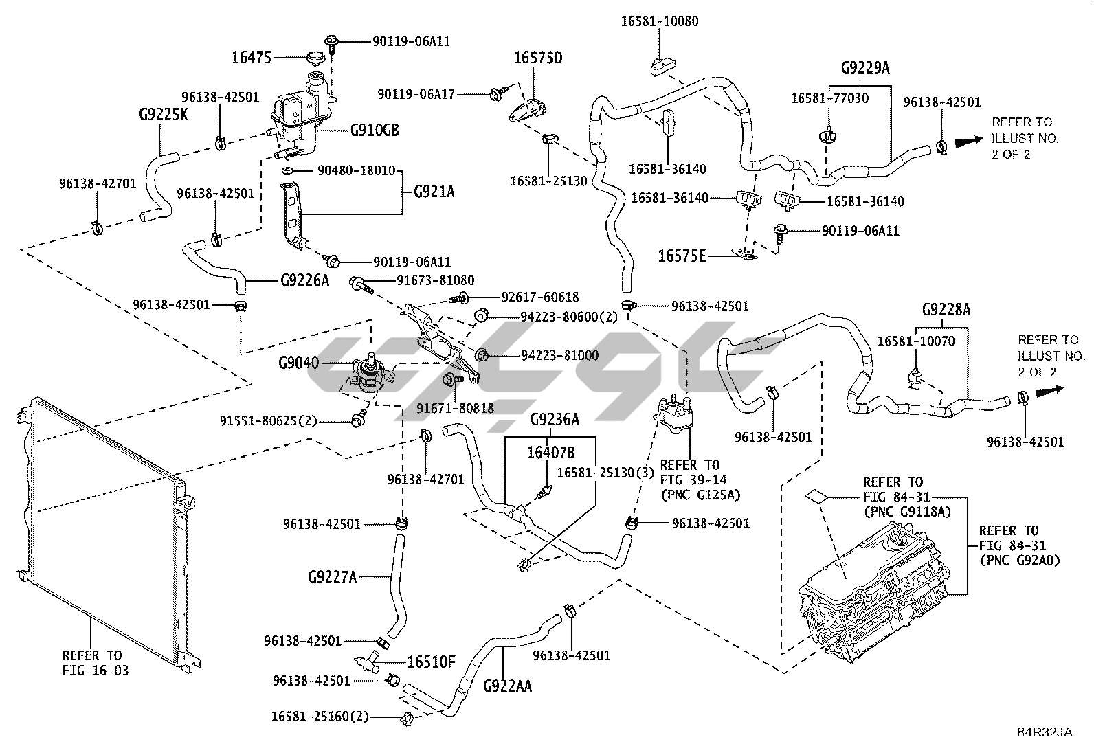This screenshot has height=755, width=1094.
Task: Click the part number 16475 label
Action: click(252, 58)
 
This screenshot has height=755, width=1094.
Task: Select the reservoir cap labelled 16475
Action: click(316, 58)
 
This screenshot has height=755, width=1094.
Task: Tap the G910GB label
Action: click(375, 130)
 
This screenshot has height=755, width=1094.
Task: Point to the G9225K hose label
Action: click(163, 114)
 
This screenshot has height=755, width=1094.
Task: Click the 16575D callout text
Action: click(538, 58)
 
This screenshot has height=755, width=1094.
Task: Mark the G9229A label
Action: click(865, 68)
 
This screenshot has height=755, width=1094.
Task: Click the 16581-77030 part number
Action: click(829, 98)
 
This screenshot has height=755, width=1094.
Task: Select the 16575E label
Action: click(682, 256)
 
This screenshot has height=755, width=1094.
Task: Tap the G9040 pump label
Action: click(299, 362)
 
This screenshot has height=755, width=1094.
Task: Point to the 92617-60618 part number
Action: click(539, 297)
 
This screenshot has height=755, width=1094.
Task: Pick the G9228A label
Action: click(946, 310)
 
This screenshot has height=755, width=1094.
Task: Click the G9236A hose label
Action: click(555, 419)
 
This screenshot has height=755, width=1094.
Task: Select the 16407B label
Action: click(550, 452)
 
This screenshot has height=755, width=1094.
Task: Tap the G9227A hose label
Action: click(332, 576)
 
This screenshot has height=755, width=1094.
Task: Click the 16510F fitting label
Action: click(431, 662)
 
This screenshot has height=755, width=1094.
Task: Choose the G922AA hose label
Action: click(507, 685)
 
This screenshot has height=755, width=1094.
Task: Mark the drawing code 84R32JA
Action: click(1045, 732)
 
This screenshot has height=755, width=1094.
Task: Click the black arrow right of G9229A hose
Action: click(969, 142)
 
